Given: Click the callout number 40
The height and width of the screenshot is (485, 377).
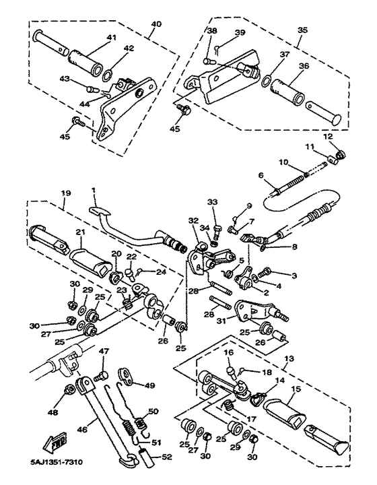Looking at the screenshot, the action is coord(156,24).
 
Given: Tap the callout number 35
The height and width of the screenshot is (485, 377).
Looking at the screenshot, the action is coord(302,30).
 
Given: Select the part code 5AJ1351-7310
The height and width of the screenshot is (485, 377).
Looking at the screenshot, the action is coord(57,463).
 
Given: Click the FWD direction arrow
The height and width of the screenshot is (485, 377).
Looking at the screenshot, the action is coord(55,441).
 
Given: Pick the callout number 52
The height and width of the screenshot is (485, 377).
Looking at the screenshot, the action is coord(166,457).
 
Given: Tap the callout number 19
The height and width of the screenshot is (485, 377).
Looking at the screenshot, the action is coord(66,193).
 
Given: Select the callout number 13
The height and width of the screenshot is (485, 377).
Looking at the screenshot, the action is coord(289,359).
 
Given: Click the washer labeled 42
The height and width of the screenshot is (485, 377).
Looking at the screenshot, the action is coord(106,75).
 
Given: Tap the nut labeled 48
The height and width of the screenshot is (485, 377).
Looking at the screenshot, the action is coord(69,391).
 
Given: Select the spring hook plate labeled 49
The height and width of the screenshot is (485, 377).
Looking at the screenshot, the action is coord(126,373).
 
